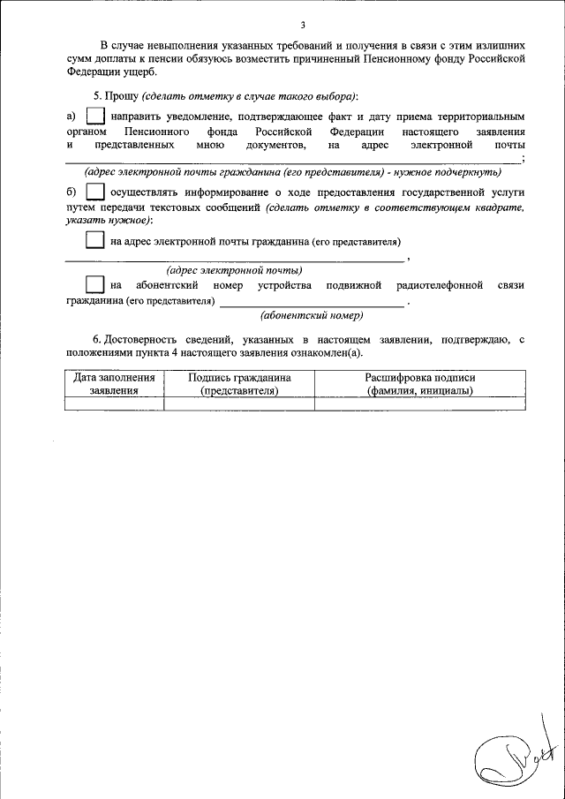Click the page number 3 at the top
(302, 24)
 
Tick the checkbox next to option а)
(95, 117)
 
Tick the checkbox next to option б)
(95, 192)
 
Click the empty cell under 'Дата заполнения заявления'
(114, 403)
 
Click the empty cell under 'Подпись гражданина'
(239, 403)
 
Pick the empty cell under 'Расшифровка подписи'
(420, 403)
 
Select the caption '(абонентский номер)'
(313, 315)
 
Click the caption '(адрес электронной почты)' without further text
(234, 270)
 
